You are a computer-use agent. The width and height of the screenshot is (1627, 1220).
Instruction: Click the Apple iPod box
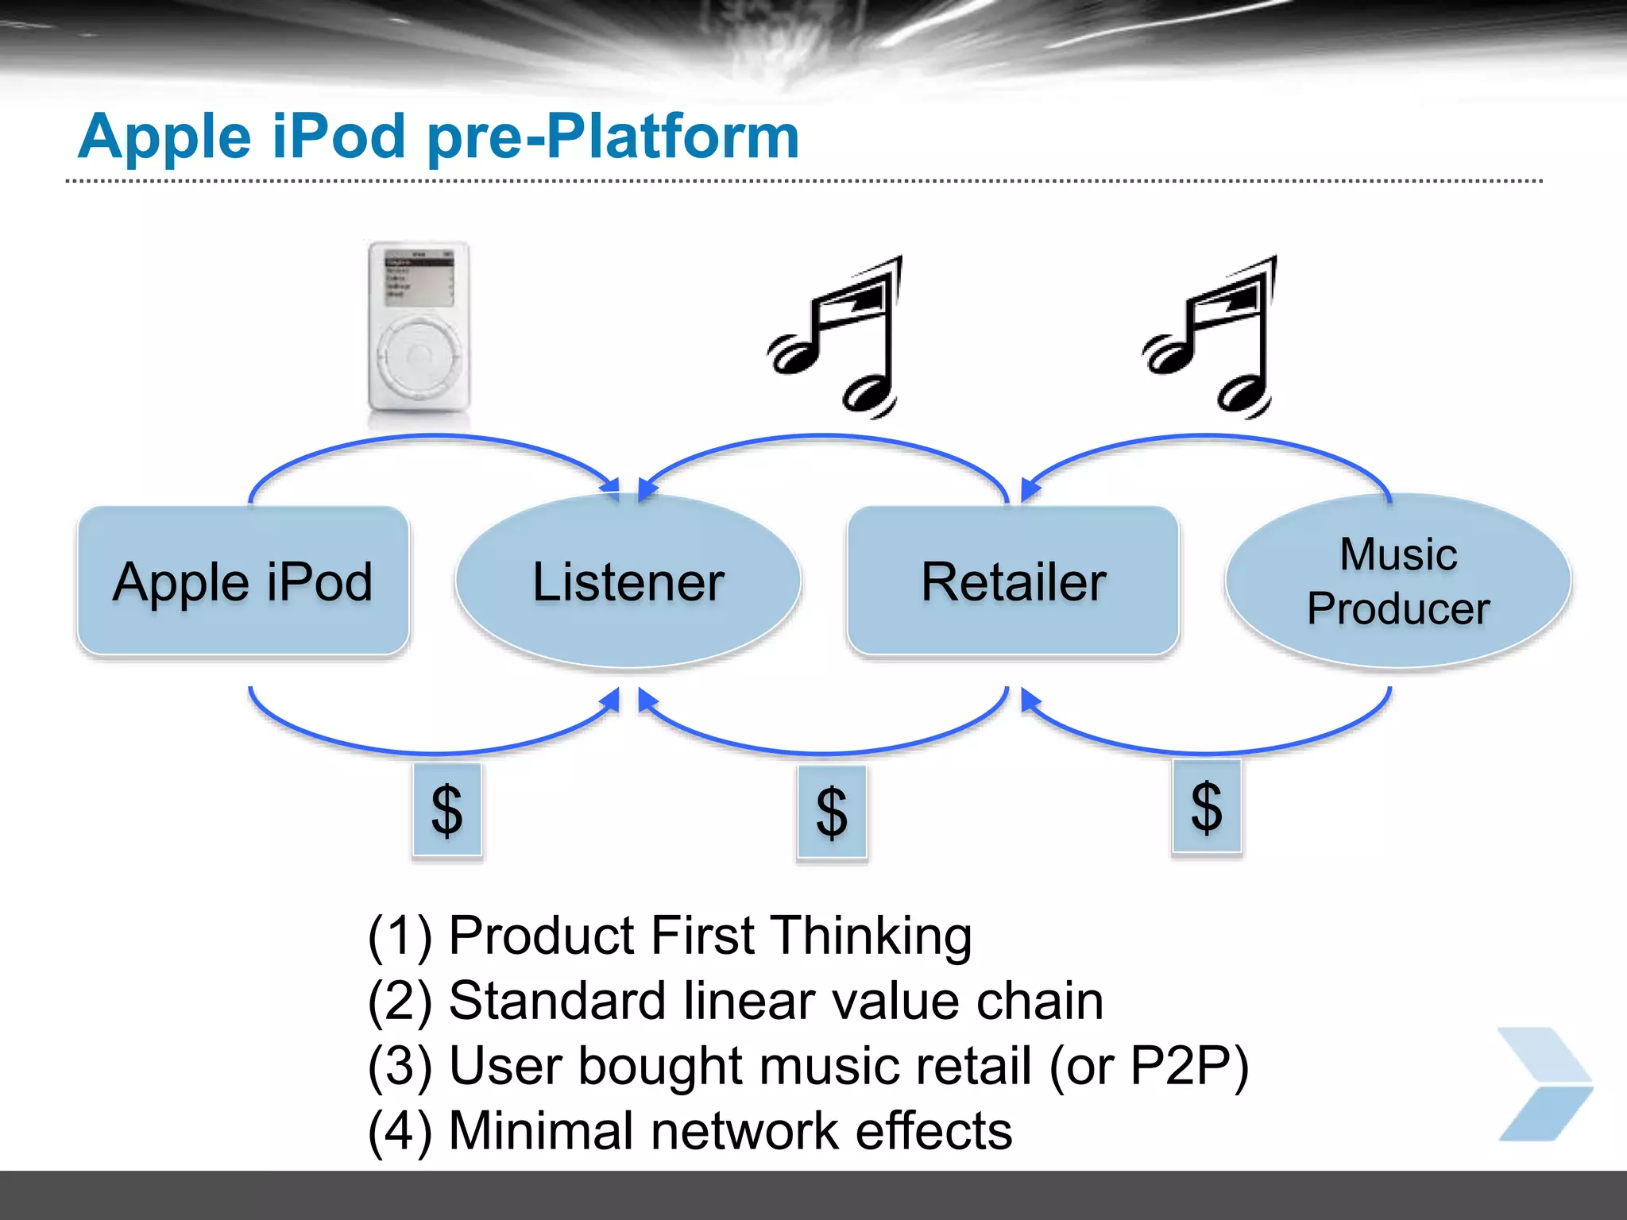point(243,581)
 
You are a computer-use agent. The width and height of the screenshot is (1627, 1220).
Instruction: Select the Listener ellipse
point(628,581)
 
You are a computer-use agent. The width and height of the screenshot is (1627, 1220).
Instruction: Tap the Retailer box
point(1013,581)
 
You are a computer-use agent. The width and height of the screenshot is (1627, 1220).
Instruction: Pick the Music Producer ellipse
point(1397,581)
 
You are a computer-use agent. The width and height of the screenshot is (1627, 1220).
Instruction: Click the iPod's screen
point(419,277)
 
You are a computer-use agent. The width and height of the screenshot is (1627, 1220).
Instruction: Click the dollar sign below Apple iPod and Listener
point(446,810)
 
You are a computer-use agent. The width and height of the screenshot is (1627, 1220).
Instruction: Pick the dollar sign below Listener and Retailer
point(832,812)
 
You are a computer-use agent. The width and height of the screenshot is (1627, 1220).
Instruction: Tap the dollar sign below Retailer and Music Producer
point(1206,807)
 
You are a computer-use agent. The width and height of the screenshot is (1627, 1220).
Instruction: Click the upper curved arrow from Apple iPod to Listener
point(433,437)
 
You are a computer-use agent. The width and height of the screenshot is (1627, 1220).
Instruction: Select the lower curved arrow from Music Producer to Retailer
point(1208,751)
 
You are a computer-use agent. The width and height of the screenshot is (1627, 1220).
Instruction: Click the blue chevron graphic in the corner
point(1544,1084)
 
